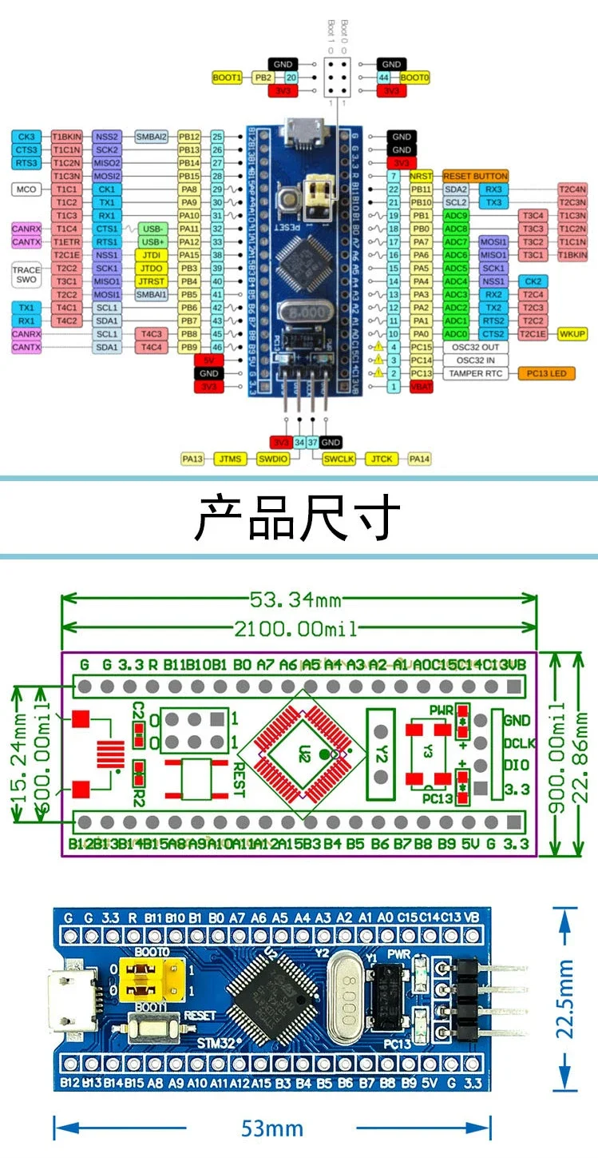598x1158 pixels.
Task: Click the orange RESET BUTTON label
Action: pyautogui.click(x=474, y=176)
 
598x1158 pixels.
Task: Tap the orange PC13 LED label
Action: pyautogui.click(x=546, y=373)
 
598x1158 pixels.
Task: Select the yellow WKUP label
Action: pyautogui.click(x=572, y=334)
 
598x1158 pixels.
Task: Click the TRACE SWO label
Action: pyautogui.click(x=26, y=275)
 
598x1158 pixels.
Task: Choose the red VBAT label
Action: pyautogui.click(x=421, y=387)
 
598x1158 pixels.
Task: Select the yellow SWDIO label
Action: pyautogui.click(x=272, y=459)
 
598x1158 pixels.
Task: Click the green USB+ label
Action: pyautogui.click(x=152, y=241)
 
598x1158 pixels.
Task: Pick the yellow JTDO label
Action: pyautogui.click(x=152, y=268)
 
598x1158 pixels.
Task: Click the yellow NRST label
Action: pyautogui.click(x=420, y=176)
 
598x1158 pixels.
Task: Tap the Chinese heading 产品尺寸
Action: pyautogui.click(x=298, y=518)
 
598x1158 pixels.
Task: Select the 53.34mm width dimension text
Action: pyautogui.click(x=299, y=599)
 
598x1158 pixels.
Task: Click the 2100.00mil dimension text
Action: pyautogui.click(x=299, y=628)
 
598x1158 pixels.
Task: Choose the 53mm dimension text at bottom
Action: pyautogui.click(x=272, y=1128)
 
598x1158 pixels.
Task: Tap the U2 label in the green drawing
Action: pyautogui.click(x=304, y=752)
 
